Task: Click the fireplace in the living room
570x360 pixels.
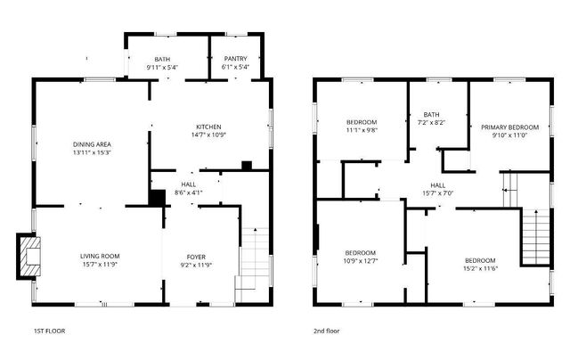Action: click(x=30, y=252)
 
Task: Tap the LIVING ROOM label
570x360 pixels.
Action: click(x=99, y=257)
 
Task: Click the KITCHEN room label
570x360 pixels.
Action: click(x=208, y=127)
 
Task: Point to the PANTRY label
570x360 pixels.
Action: click(x=236, y=59)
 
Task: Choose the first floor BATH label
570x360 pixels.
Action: click(x=162, y=59)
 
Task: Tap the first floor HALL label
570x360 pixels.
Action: click(x=189, y=184)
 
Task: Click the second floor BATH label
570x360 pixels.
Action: click(x=432, y=114)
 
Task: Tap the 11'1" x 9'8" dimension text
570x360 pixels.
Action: click(x=361, y=129)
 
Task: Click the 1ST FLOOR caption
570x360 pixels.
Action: click(x=49, y=331)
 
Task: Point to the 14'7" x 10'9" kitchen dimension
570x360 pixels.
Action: click(x=208, y=135)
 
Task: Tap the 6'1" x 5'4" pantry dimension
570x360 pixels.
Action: click(x=236, y=67)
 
